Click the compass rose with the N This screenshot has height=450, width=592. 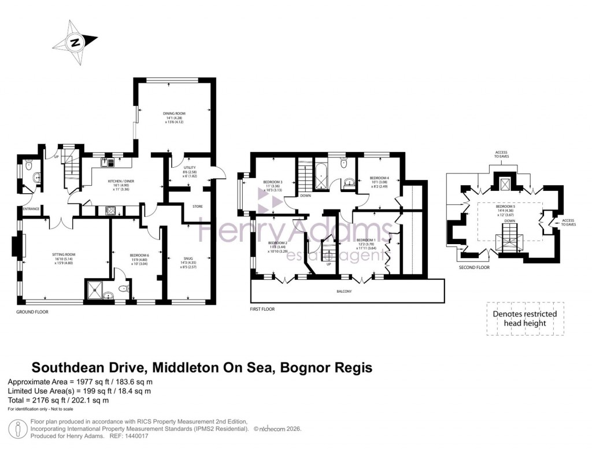pos(75,42)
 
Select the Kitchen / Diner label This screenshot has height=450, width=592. pos(121,181)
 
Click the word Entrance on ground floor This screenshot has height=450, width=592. pos(31,209)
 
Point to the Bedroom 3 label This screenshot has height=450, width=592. pos(272,180)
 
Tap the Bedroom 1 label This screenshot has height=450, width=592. pos(366,239)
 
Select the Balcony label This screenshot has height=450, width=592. pos(346,291)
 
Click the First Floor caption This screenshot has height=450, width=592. pos(262,309)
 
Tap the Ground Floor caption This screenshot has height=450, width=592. pos(32,311)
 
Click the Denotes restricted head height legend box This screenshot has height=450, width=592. pos(524,318)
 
